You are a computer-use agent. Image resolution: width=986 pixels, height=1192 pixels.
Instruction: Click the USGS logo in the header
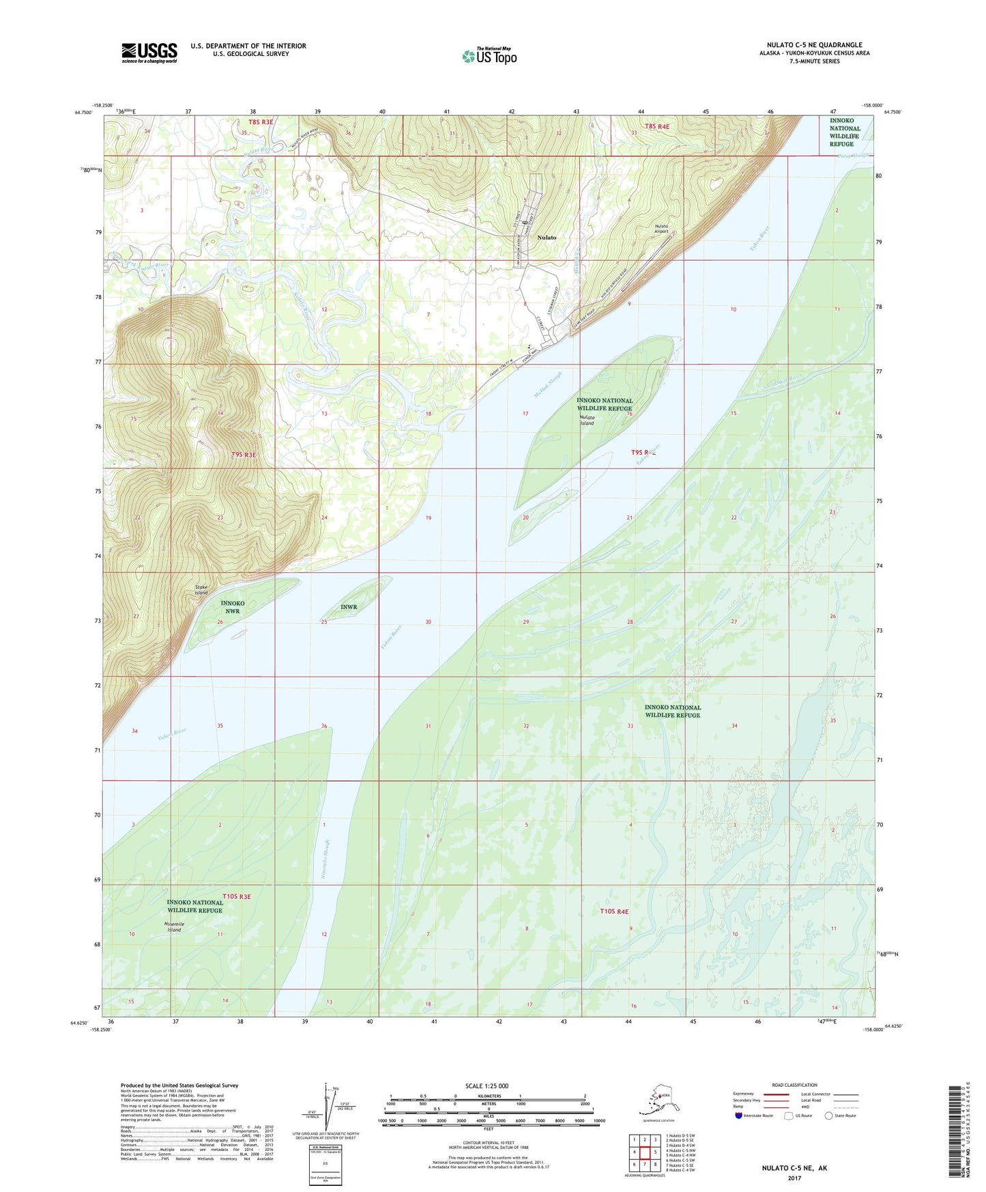point(149,53)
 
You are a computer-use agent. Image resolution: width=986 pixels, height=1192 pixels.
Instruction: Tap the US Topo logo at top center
point(489,56)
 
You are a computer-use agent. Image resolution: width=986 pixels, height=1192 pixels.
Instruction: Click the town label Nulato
point(547,238)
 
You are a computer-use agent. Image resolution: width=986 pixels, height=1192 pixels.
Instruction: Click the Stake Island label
point(201,590)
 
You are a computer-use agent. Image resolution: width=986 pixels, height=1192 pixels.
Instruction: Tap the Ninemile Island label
point(174,926)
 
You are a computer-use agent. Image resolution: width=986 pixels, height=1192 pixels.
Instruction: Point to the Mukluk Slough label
point(545,386)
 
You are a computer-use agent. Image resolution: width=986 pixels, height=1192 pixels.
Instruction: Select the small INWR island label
point(349,606)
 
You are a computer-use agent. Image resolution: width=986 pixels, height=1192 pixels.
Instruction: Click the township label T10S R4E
point(613,911)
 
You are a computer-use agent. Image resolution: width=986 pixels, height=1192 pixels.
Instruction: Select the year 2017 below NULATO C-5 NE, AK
point(794,1178)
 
